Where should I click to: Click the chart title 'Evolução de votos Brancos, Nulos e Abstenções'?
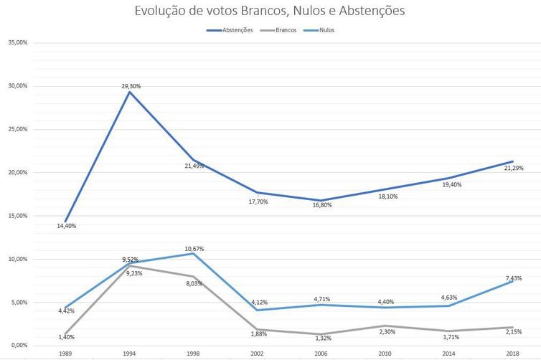point(270,11)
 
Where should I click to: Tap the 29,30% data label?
point(131,86)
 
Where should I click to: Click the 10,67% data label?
point(194,249)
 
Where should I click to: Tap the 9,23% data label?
point(130,273)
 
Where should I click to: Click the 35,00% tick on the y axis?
point(17,42)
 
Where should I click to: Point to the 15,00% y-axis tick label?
point(17,216)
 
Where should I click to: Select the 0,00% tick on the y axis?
point(19,346)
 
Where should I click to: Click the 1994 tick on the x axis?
point(129,354)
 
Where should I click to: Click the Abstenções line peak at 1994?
point(129,92)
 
